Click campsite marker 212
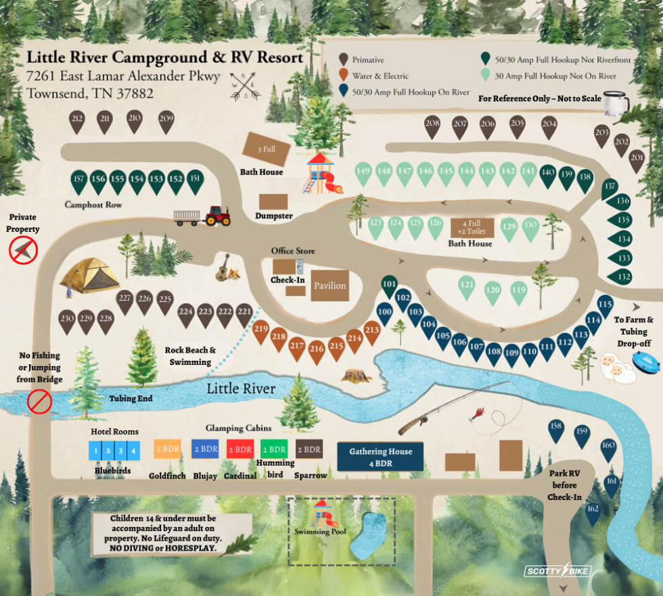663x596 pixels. (76, 121)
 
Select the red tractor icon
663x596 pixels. (217, 215)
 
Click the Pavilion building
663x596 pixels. (329, 286)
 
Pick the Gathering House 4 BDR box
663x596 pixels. (380, 457)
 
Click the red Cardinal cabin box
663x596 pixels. (240, 449)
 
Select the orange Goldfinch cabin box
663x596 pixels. (167, 449)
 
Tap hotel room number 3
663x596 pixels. (121, 450)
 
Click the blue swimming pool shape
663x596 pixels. (371, 535)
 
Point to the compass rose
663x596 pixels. (244, 86)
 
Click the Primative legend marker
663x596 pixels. (344, 59)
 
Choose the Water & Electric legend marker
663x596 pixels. (344, 75)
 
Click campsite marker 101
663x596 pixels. (389, 285)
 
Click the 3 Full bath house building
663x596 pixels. (267, 147)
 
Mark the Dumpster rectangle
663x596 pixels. (273, 201)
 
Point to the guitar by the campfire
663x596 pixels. (222, 269)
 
